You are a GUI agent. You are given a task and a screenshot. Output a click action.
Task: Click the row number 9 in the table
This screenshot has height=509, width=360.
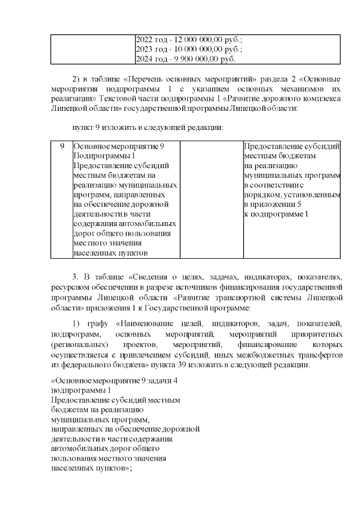[x=62, y=146]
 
